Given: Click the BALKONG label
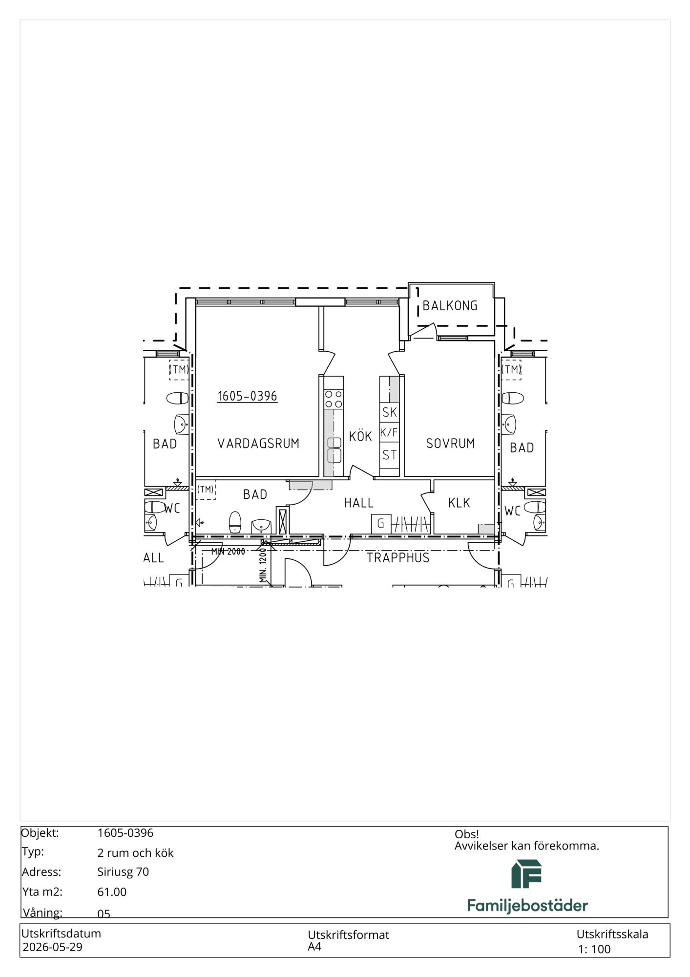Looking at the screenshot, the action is click(x=450, y=306).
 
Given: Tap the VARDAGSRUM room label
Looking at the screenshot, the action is click(x=258, y=444).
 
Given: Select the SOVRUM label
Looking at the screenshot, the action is click(x=450, y=444).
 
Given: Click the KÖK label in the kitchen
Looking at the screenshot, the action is click(x=360, y=436).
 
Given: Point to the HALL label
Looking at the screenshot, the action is click(x=358, y=503).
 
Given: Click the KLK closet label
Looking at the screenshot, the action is click(x=459, y=503).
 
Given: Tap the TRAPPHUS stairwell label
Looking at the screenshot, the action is click(x=398, y=558).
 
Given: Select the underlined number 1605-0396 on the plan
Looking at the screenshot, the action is click(x=247, y=396).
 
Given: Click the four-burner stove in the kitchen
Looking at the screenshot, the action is click(x=334, y=399).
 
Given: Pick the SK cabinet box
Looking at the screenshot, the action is click(x=389, y=412).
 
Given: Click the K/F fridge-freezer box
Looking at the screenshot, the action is click(x=389, y=433).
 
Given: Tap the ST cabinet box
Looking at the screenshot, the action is click(x=389, y=455).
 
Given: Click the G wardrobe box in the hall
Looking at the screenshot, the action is click(x=381, y=524).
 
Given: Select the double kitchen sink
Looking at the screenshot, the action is click(x=334, y=450).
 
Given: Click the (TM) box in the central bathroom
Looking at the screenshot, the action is click(x=206, y=489).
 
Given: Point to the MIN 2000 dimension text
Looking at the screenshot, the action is click(x=228, y=552).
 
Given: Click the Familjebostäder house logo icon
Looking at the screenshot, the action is click(x=526, y=874).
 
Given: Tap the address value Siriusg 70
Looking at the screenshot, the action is click(x=123, y=872).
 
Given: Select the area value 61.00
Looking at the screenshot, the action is click(x=112, y=892).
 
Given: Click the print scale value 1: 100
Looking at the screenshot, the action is click(x=594, y=949).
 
